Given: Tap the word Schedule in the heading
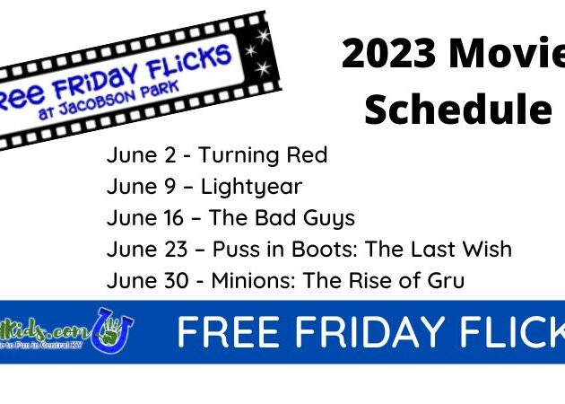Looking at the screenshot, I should click(457, 110).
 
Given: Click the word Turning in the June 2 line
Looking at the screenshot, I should click(235, 155).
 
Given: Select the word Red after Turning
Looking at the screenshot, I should click(305, 155).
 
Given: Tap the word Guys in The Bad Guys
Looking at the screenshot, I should click(328, 218).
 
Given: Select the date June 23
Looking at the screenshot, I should click(148, 249).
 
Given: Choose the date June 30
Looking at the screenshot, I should click(148, 280).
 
